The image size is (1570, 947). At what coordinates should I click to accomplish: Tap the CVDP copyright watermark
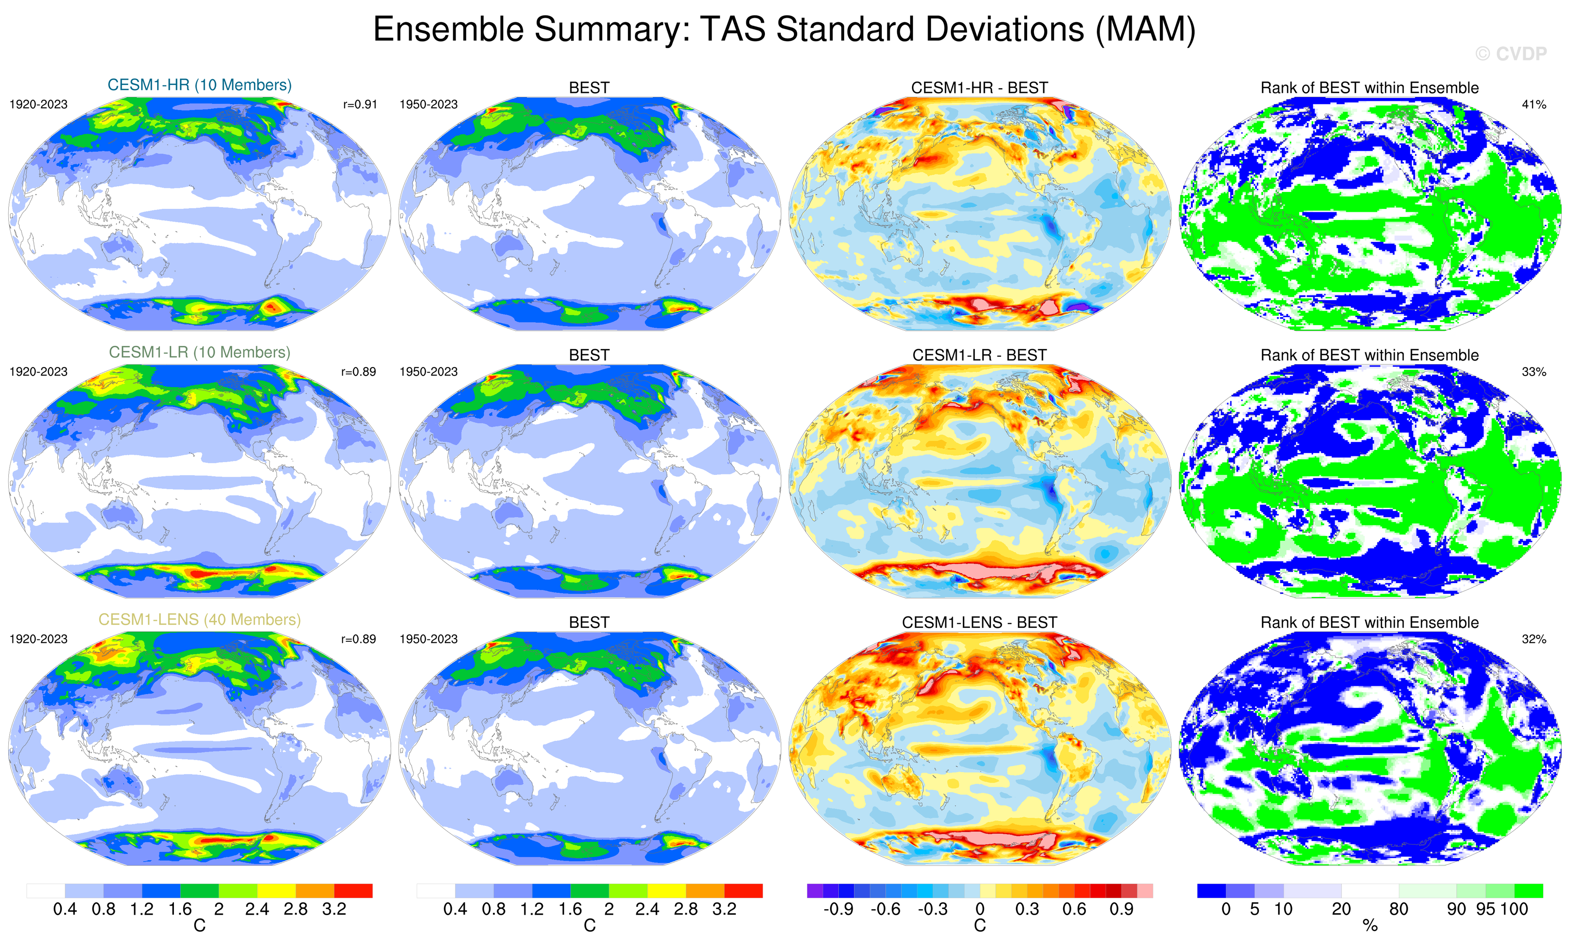1510,54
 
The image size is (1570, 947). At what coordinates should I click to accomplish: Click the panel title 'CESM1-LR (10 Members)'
199,352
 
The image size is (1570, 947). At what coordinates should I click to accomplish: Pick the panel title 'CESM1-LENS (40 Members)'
199,620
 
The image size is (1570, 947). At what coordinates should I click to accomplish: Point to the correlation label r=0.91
360,105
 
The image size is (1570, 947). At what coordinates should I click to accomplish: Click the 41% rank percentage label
1533,105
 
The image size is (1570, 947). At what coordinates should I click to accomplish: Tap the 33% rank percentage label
1533,371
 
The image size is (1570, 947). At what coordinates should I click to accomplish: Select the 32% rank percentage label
1533,639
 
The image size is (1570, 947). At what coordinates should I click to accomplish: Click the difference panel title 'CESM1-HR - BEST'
979,88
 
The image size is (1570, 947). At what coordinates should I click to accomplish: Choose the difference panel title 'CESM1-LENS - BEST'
979,622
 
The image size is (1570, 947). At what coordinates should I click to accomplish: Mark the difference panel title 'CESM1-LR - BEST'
979,355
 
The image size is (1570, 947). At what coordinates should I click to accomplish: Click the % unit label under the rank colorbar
1370,926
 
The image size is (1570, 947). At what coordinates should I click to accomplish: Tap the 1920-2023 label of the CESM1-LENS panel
38,639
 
